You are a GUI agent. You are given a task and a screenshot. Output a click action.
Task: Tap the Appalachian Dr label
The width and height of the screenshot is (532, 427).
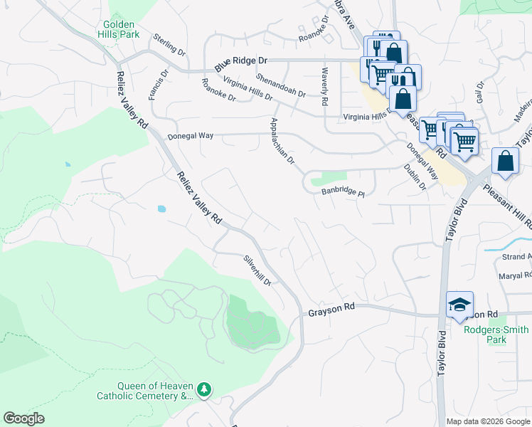tap(282, 141)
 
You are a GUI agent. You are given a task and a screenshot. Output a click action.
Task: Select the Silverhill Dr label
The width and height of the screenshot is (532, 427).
tap(257, 270)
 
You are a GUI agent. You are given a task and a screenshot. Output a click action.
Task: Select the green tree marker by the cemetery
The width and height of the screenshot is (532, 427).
tap(205, 389)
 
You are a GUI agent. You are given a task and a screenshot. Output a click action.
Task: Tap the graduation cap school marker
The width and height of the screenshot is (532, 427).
tap(459, 305)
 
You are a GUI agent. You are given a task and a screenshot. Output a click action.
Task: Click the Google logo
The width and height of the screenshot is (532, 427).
tap(23, 418)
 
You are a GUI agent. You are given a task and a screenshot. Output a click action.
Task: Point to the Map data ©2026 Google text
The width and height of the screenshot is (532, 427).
tap(488, 421)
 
